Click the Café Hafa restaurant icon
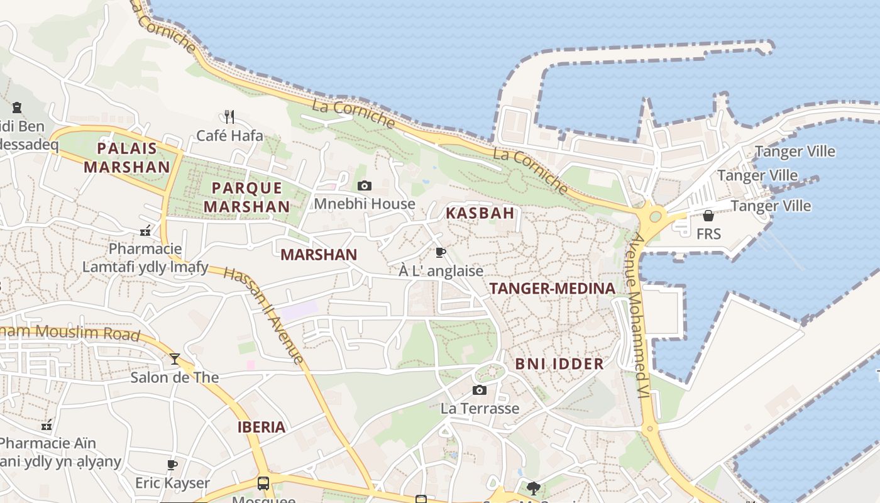229,116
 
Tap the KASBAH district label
480,213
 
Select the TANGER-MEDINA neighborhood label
552,289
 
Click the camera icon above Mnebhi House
364,185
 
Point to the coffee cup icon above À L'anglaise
441,252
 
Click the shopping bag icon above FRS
708,216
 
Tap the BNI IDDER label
559,363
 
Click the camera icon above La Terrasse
479,390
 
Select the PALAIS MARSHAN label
127,158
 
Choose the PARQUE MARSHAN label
247,197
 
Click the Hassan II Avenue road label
264,315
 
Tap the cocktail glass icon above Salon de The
175,359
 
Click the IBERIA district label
261,428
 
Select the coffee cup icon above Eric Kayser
172,465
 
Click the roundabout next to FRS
654,217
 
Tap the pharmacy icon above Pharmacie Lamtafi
145,231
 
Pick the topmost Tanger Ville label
795,152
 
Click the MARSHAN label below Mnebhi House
319,255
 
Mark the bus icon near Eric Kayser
263,484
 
